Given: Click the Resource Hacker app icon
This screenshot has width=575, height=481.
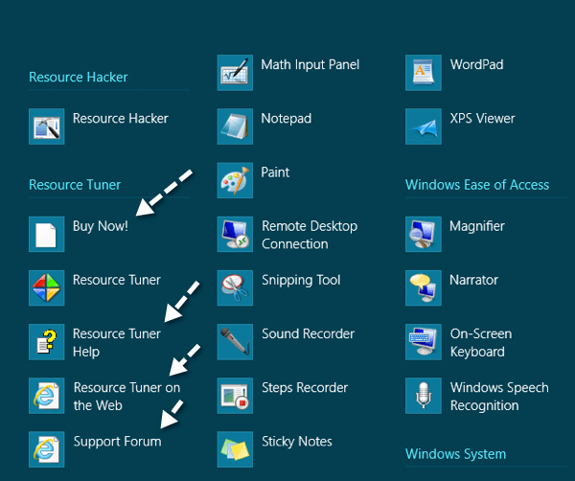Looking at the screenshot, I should pyautogui.click(x=47, y=126).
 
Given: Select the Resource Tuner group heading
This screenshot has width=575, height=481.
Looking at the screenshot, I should pyautogui.click(x=75, y=184).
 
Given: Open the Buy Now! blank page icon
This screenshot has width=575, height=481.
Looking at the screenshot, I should pyautogui.click(x=47, y=234).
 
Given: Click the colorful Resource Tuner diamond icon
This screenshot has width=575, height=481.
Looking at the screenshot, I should pyautogui.click(x=47, y=287).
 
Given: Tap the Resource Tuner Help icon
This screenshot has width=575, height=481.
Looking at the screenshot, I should pyautogui.click(x=47, y=341).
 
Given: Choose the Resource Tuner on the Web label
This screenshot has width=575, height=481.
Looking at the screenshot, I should pyautogui.click(x=126, y=396).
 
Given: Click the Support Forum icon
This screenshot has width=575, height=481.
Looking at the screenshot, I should pyautogui.click(x=47, y=448).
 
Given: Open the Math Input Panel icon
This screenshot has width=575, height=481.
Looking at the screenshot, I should pyautogui.click(x=235, y=73).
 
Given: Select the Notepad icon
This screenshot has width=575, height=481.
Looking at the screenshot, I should pyautogui.click(x=235, y=126).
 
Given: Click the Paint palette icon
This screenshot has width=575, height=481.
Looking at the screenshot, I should pyautogui.click(x=235, y=180).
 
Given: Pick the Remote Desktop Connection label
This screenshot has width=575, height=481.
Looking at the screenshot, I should pyautogui.click(x=309, y=235).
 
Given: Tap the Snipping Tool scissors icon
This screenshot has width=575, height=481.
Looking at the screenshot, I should pyautogui.click(x=235, y=287).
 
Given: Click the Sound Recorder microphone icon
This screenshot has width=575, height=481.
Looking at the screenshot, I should pyautogui.click(x=235, y=341).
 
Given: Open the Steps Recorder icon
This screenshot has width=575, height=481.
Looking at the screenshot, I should pyautogui.click(x=235, y=395).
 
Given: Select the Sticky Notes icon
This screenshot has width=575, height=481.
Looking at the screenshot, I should pyautogui.click(x=235, y=448).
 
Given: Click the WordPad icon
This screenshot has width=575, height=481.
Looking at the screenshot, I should pyautogui.click(x=424, y=73).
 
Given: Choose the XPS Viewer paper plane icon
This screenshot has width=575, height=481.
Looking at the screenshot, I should pyautogui.click(x=424, y=126).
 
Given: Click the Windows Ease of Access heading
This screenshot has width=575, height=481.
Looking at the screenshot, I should pyautogui.click(x=477, y=184).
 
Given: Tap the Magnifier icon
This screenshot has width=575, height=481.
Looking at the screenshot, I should pyautogui.click(x=424, y=234).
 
